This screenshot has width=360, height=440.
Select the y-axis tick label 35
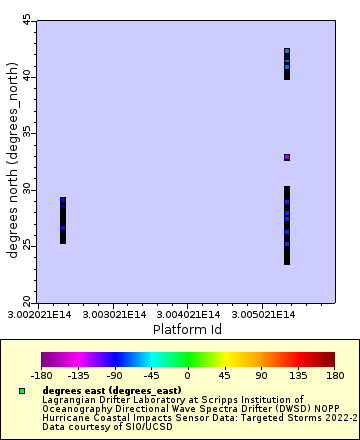(27, 133)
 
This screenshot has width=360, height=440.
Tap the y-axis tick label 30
(27, 189)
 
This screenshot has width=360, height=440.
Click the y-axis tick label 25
(27, 246)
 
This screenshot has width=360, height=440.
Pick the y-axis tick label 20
(27, 302)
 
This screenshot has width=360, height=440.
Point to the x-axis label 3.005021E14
(285, 315)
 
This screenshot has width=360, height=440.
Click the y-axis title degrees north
(13, 161)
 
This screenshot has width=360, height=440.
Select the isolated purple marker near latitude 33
(287, 157)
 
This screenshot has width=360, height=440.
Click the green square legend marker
(23, 390)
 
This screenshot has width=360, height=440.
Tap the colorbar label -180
(41, 377)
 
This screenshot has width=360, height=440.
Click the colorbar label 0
(188, 377)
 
